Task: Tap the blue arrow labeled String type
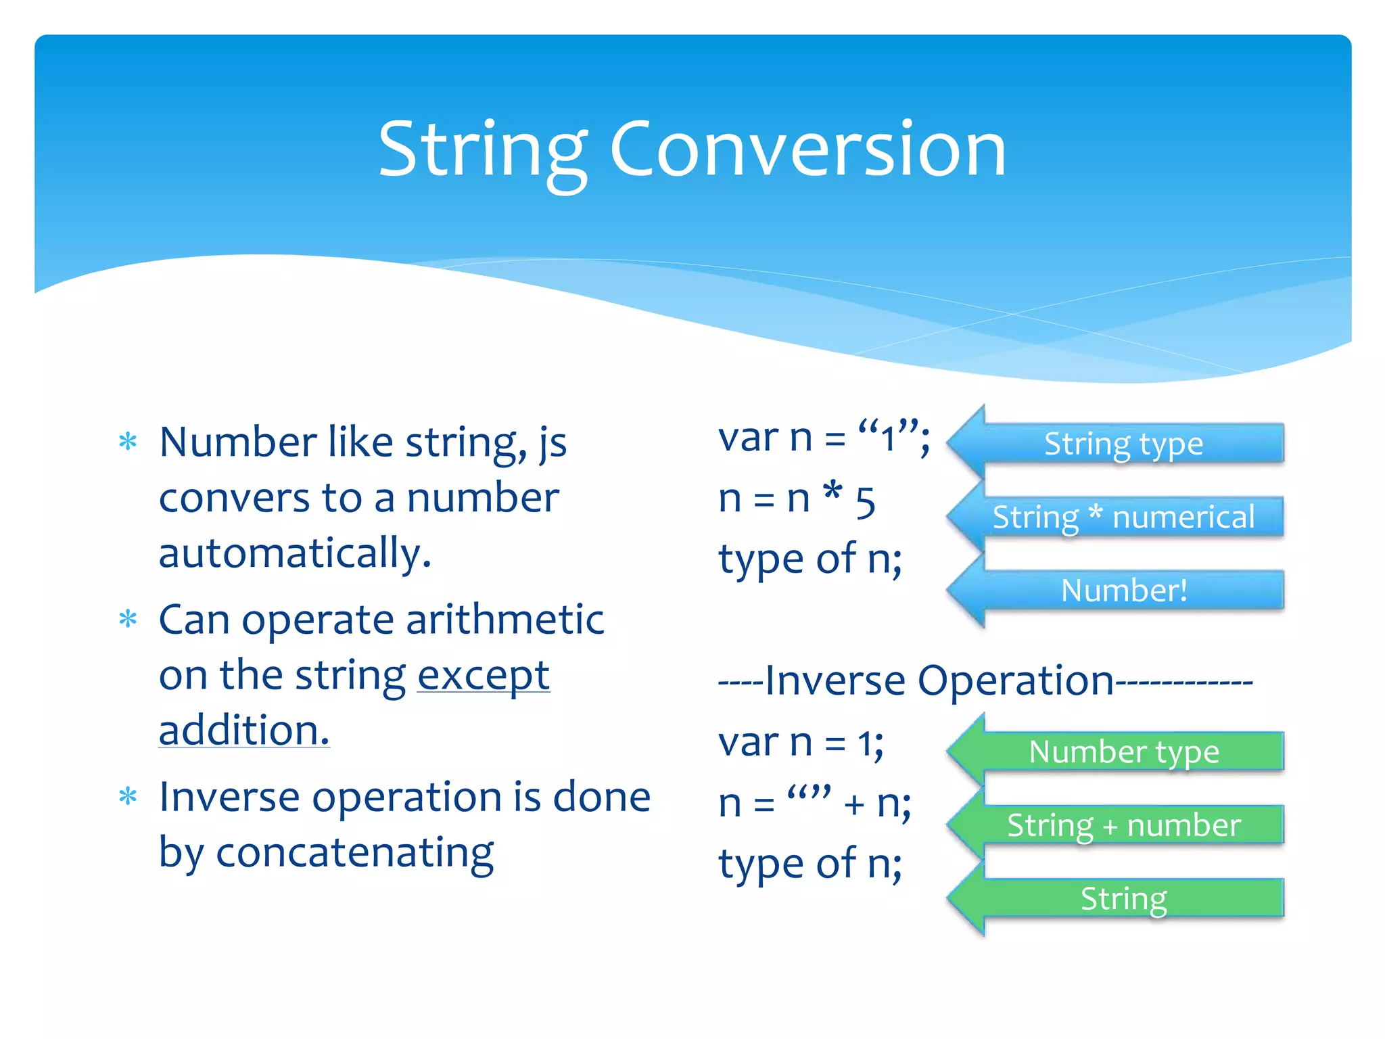pos(1123,444)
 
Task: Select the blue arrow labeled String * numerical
pos(1123,517)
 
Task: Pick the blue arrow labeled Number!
pos(1123,591)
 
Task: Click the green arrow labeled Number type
pos(1123,752)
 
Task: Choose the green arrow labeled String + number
pos(1123,825)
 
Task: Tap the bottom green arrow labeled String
pos(1123,898)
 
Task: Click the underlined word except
pos(483,676)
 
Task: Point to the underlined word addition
pos(243,731)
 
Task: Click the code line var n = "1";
pos(824,438)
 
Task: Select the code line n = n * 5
pos(797,499)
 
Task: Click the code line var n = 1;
pos(801,743)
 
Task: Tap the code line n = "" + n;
pos(814,804)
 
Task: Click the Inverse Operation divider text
pos(985,680)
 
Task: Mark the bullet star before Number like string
pos(128,442)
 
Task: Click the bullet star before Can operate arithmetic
pos(128,619)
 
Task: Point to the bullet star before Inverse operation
pos(128,796)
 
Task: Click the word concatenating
pos(354,852)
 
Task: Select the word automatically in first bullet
pos(294,553)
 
